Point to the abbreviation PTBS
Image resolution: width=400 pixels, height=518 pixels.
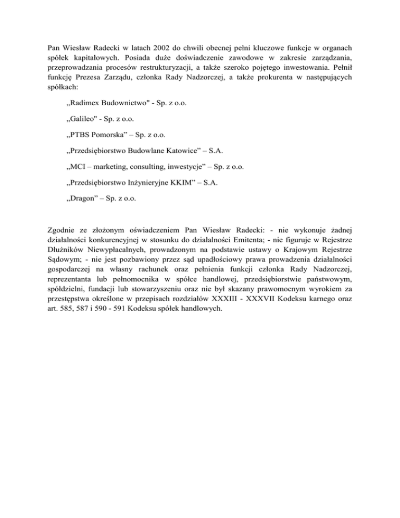[83, 135]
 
